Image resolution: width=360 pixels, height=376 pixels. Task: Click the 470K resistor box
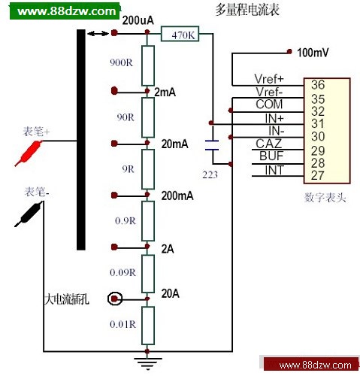click(180, 34)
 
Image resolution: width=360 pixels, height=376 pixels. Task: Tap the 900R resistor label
click(121, 62)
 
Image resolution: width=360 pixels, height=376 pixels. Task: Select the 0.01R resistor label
click(123, 324)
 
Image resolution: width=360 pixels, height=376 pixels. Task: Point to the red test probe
click(29, 153)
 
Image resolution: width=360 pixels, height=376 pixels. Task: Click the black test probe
click(29, 214)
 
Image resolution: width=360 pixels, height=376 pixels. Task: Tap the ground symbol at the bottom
click(147, 363)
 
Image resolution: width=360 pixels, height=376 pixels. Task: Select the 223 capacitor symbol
click(212, 145)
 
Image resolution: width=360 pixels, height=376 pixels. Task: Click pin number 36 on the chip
click(318, 85)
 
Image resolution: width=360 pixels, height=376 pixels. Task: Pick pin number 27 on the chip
click(318, 175)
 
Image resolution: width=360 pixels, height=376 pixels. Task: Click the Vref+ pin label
click(269, 79)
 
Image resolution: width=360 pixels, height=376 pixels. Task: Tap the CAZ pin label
click(269, 144)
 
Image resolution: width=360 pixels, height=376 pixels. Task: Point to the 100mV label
click(313, 53)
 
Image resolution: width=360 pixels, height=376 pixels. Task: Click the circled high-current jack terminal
click(115, 299)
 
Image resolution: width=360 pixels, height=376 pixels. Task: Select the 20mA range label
click(174, 144)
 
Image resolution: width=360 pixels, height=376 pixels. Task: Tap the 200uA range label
click(138, 20)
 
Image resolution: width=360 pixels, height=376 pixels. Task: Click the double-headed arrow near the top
click(98, 33)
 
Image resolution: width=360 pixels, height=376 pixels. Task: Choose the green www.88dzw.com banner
click(65, 11)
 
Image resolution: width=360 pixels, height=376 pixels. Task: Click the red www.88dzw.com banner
click(312, 365)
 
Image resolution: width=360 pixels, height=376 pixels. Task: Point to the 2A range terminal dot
click(114, 247)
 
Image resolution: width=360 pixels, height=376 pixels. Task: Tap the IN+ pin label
click(274, 118)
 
